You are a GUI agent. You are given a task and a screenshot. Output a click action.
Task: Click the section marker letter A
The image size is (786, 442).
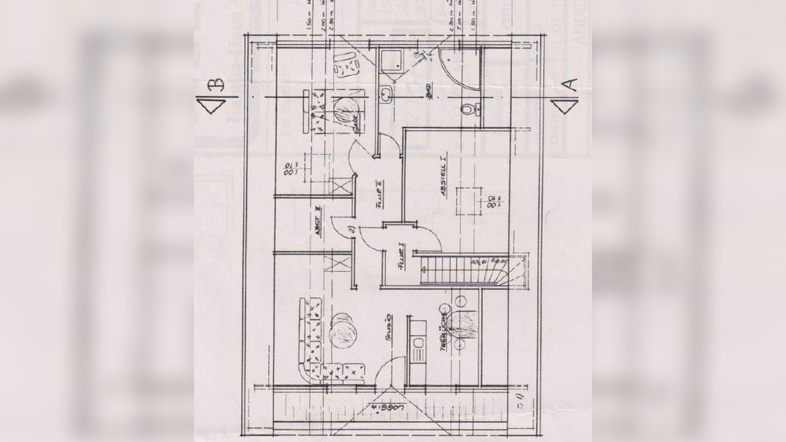click(571, 85)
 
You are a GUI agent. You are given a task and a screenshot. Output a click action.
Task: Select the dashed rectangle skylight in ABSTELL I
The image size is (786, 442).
click(468, 201)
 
